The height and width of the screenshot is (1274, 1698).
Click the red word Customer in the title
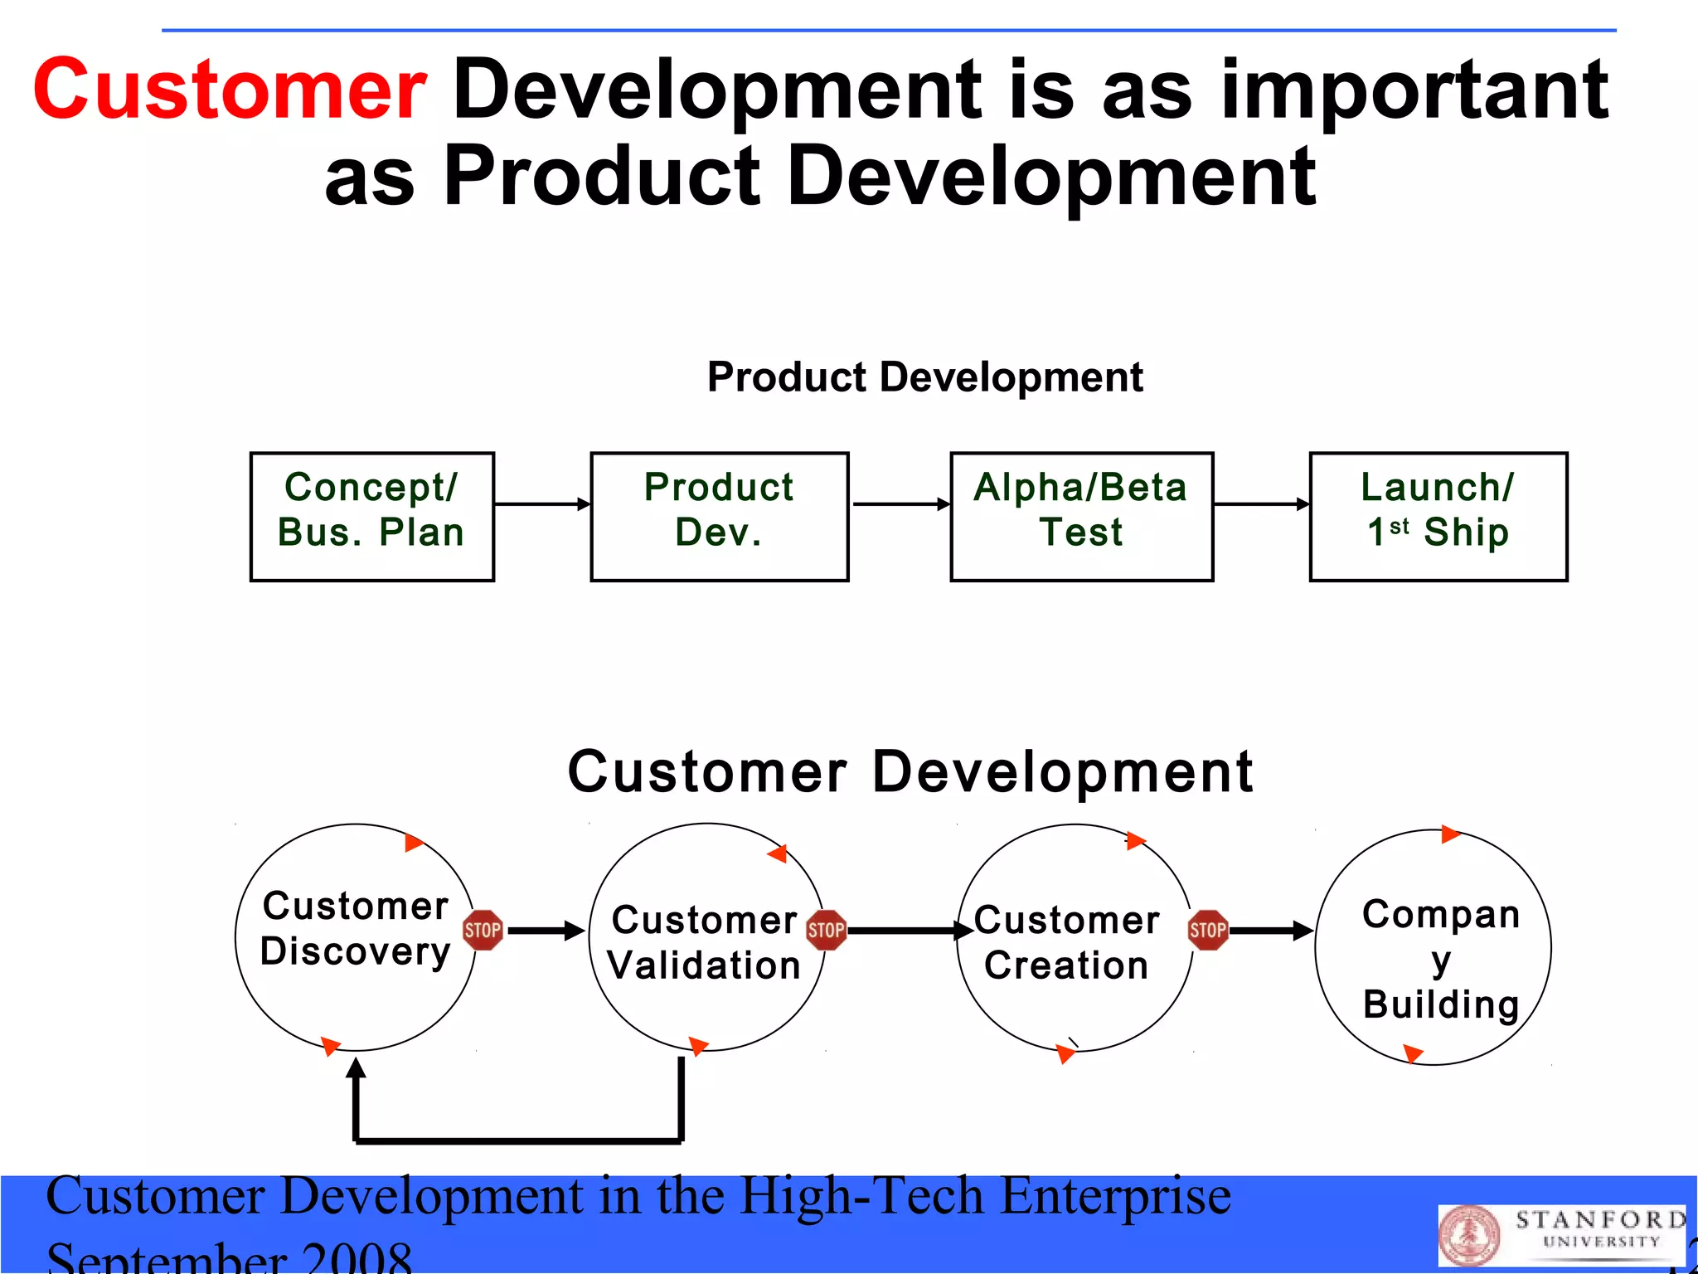point(230,90)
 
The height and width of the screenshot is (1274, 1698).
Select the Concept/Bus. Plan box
point(372,516)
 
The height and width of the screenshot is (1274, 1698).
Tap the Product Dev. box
point(719,516)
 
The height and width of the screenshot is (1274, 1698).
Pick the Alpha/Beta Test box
point(1081,516)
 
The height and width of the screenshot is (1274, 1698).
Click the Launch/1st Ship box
point(1438,516)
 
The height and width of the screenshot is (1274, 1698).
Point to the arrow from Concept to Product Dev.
point(542,503)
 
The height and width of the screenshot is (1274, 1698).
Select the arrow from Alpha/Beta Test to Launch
point(1261,503)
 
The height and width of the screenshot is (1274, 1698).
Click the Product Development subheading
point(924,377)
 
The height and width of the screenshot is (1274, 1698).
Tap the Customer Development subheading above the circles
point(910,771)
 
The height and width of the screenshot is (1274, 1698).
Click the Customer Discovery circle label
point(356,928)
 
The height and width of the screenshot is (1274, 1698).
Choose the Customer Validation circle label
point(705,942)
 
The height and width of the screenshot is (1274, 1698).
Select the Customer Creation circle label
point(1067,942)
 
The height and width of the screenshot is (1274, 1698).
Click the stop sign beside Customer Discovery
point(483,930)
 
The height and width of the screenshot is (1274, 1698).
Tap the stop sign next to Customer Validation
point(826,930)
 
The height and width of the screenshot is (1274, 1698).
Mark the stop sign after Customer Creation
point(1208,930)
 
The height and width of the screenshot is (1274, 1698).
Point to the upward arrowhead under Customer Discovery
point(356,1067)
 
